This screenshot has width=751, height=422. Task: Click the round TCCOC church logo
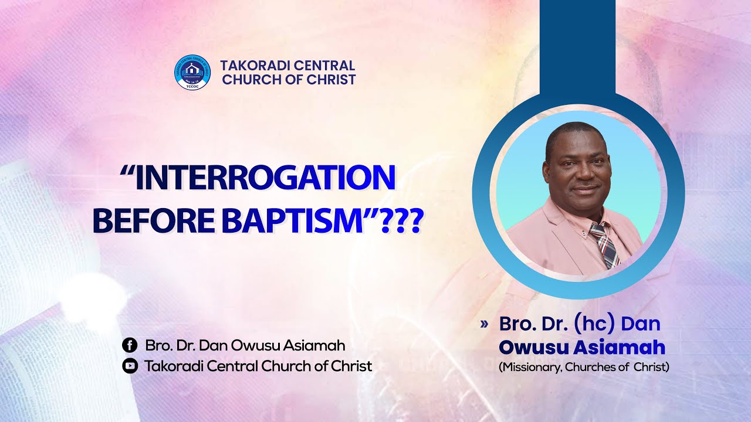pyautogui.click(x=192, y=72)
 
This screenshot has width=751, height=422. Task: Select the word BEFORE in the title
pyautogui.click(x=154, y=221)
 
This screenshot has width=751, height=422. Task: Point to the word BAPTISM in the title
pyautogui.click(x=292, y=221)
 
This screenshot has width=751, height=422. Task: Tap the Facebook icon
pyautogui.click(x=130, y=345)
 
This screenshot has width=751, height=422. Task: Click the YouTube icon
pyautogui.click(x=130, y=366)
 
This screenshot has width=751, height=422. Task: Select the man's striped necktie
pyautogui.click(x=604, y=245)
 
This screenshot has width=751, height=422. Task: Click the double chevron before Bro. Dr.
pyautogui.click(x=484, y=324)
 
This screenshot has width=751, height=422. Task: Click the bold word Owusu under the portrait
pyautogui.click(x=533, y=348)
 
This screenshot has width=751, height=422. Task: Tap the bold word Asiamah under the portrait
pyautogui.click(x=619, y=348)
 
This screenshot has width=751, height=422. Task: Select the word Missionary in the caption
pyautogui.click(x=530, y=367)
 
